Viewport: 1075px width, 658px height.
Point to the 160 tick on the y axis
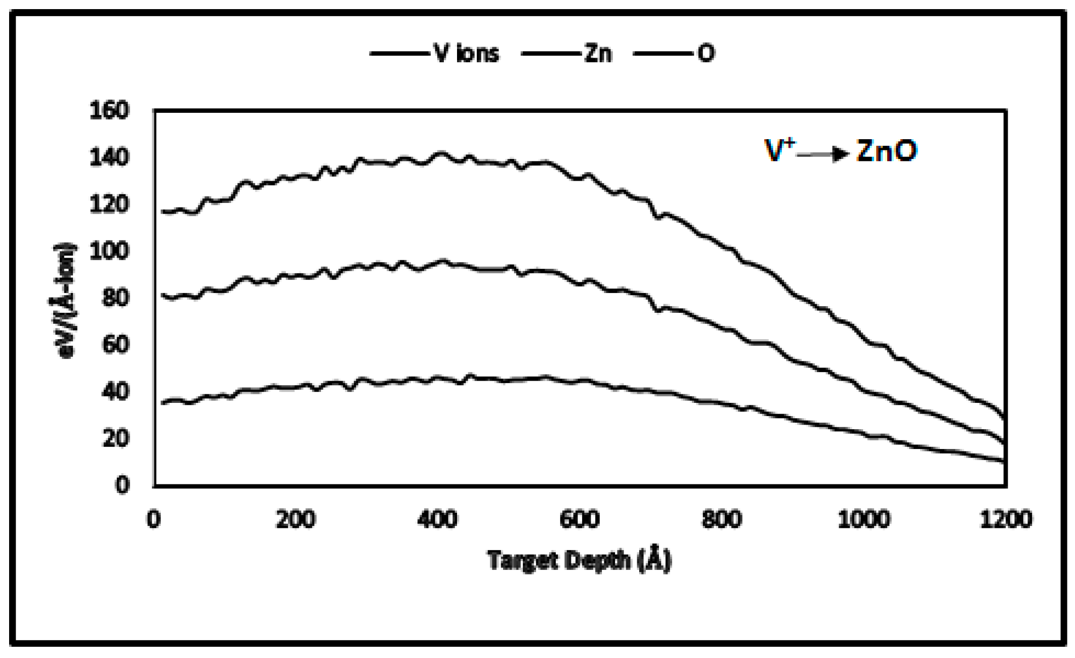(109, 110)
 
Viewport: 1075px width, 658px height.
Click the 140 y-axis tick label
(109, 157)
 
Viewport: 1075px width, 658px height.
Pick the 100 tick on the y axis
(109, 251)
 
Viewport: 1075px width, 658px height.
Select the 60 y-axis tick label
(115, 345)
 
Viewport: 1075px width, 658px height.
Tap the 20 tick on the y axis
(115, 438)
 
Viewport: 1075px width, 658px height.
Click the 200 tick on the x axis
(296, 519)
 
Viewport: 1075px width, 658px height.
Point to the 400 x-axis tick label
(438, 519)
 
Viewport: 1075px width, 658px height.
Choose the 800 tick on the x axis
(722, 519)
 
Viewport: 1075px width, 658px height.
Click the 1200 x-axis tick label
(1005, 519)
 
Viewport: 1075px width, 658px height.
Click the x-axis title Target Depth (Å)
(580, 560)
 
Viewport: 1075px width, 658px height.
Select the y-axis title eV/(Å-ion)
(65, 301)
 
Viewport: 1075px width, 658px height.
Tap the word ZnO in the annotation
(886, 151)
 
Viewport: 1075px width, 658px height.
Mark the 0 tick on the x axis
(154, 519)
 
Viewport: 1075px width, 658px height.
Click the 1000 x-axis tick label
(863, 519)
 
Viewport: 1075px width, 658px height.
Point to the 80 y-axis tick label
(115, 298)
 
